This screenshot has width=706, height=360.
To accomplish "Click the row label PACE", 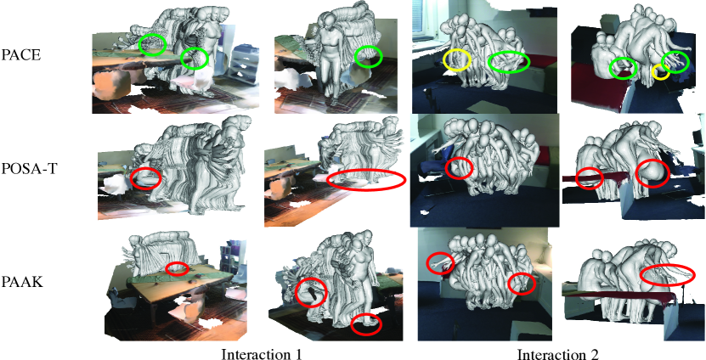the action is tap(21, 56).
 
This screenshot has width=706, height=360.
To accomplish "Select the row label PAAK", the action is tap(22, 283).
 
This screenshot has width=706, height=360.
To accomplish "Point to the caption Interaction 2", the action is tap(558, 354).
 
